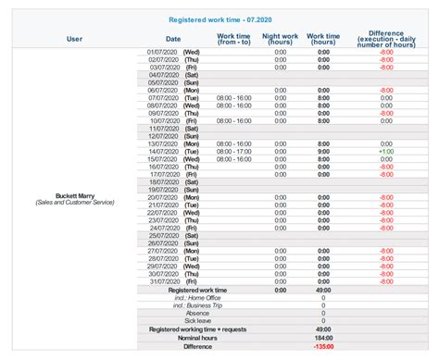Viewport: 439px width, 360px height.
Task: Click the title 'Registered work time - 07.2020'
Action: pos(219,19)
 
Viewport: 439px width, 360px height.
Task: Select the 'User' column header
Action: pos(74,39)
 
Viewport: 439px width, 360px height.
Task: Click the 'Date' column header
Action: pos(173,39)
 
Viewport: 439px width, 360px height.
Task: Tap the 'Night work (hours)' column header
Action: pos(281,39)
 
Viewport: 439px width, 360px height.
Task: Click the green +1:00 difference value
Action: pos(385,159)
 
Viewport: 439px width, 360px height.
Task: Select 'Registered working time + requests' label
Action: pos(189,329)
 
